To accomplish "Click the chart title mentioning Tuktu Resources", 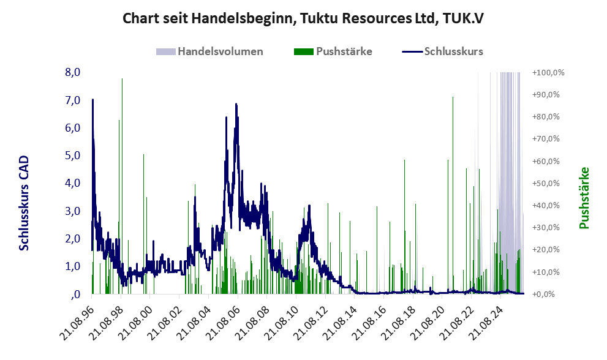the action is point(303,18).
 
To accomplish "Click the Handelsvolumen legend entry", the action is point(209,51).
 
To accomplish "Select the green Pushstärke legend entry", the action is point(333,51).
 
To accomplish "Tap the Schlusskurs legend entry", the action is point(442,51).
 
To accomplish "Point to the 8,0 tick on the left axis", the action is point(73,72).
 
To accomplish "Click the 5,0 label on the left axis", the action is point(73,156).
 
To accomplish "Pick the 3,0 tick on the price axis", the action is point(73,211).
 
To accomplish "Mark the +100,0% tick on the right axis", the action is point(548,72).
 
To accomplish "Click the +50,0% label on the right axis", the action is point(546,183).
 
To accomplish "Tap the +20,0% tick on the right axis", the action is point(546,250).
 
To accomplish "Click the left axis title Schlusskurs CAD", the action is point(24,203).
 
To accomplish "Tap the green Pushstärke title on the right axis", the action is point(584,198).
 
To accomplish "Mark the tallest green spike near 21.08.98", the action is point(123,186).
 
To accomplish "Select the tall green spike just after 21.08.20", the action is point(453,195).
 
